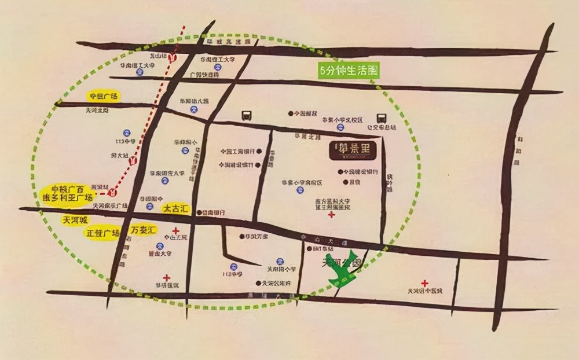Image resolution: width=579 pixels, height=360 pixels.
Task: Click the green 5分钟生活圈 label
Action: [349, 70]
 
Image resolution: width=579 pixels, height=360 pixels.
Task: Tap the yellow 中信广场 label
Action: [102, 96]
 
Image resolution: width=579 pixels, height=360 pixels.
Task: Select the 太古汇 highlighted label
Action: [175, 207]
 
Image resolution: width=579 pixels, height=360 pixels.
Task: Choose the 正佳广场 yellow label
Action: [102, 233]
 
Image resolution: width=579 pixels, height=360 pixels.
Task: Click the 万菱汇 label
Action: [144, 230]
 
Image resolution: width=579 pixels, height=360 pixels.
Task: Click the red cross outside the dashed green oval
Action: [424, 283]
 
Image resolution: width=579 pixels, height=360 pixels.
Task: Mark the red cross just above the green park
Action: [331, 215]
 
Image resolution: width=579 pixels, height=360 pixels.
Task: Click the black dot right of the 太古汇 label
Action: [199, 212]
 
